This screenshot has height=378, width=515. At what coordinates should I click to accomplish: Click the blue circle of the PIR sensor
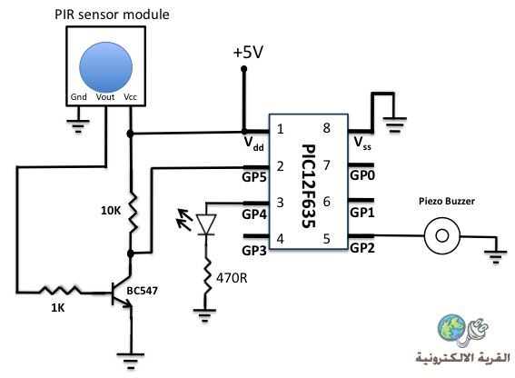pos(105,67)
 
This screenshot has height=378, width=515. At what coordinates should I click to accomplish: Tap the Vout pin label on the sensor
pos(105,97)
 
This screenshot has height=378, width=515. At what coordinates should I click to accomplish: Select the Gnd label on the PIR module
pos(78,97)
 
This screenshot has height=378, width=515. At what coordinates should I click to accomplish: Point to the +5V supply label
pos(248,53)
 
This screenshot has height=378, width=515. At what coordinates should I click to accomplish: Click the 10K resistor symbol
pos(132,213)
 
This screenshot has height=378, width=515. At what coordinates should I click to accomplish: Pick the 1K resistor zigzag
pos(60,290)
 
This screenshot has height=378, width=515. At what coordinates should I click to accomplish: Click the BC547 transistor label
pos(143,291)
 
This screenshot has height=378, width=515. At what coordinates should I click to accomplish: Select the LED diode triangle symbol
pos(206,224)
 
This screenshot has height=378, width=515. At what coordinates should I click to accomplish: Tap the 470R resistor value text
pos(232,278)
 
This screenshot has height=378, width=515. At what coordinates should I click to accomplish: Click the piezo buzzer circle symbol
pos(442,235)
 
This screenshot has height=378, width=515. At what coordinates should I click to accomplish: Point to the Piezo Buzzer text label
pos(447,201)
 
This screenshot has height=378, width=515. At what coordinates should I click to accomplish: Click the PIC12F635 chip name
pos(309,185)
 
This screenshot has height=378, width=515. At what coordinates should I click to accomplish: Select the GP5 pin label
pos(254,177)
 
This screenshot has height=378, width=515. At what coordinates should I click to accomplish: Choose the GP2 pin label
pos(362,248)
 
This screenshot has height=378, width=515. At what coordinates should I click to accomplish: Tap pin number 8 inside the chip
pos(326,128)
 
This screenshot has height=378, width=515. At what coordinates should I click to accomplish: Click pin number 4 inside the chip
pos(280,239)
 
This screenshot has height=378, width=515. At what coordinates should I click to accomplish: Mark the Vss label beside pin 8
pos(362,144)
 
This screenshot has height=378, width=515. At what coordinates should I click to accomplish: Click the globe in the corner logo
pos(451,326)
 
